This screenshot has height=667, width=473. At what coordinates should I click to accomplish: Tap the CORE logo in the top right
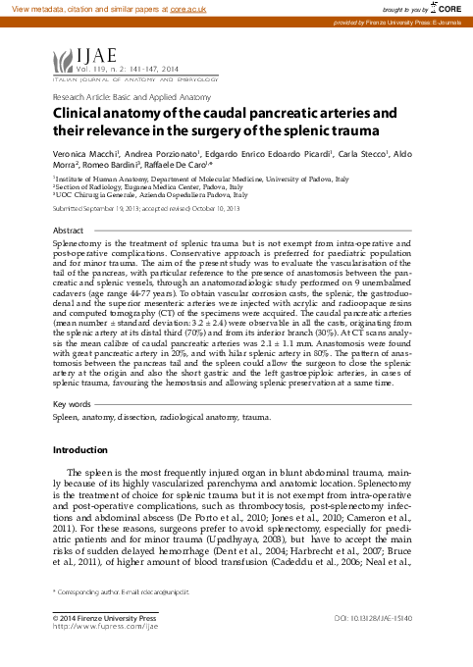(446, 8)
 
